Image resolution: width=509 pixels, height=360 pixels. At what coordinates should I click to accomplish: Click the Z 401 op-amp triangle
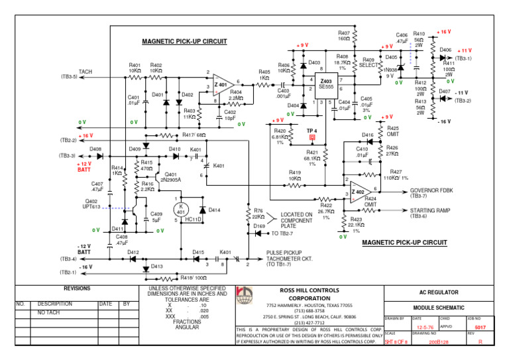point(221,86)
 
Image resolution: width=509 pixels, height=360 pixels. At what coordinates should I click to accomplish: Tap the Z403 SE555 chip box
point(327,84)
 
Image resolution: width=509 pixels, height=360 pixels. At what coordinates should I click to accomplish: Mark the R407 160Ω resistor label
point(343,35)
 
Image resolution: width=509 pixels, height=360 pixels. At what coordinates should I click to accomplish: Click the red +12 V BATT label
point(84,166)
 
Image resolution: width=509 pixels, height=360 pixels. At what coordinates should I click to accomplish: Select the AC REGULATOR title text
point(445,292)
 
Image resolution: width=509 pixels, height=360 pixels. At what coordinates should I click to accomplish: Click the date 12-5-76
point(425,327)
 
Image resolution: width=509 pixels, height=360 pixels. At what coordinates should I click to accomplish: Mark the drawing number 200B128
point(439,343)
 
